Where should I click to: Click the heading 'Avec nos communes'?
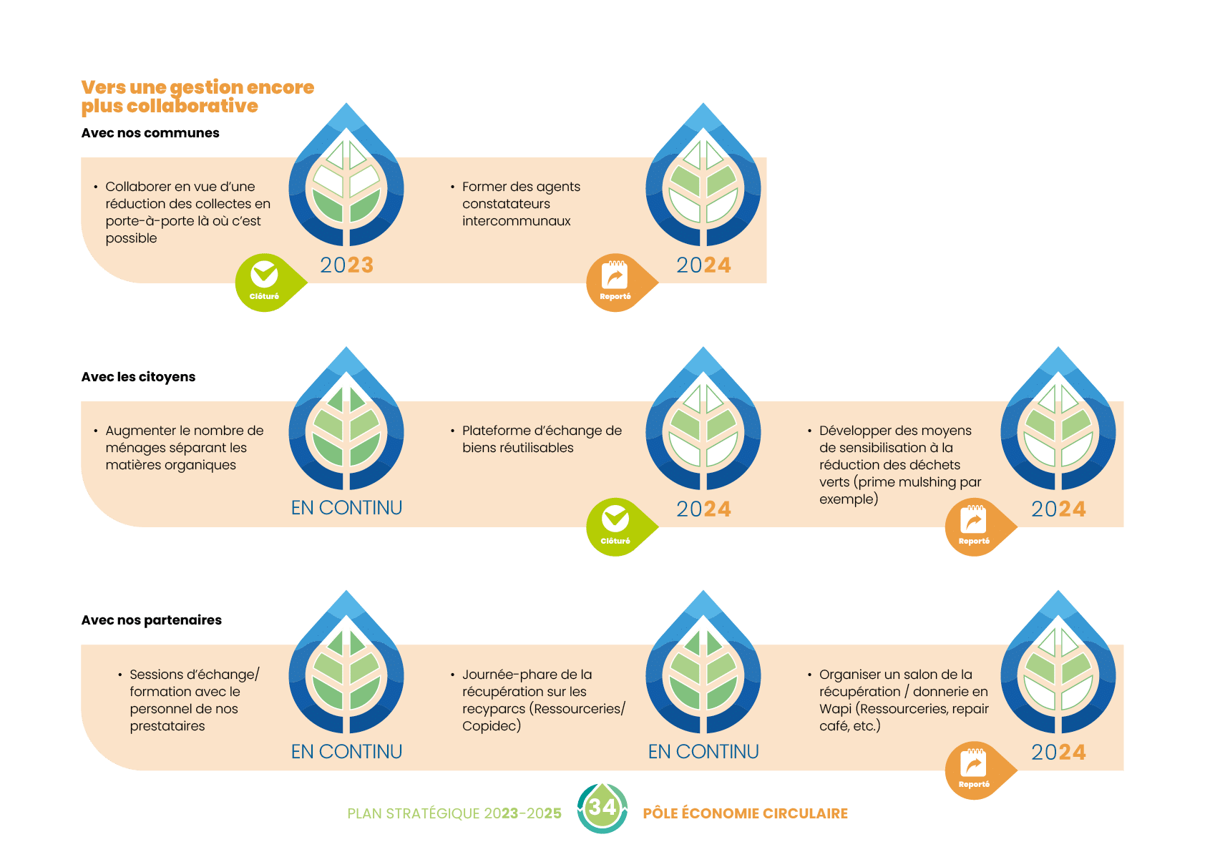coord(150,133)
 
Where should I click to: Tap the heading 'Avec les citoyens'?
coord(138,377)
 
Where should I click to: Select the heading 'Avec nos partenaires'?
coord(152,620)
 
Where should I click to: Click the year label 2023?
coord(346,265)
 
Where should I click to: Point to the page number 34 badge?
coord(602,808)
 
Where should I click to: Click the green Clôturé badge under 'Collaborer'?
coord(265,282)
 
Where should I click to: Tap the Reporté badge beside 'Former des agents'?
coord(615,282)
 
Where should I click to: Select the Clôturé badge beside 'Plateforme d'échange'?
coord(615,526)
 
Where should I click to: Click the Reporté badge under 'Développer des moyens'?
coord(974,526)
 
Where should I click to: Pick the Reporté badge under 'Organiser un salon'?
coord(974,770)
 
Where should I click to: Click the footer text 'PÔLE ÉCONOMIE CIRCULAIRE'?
coord(745,813)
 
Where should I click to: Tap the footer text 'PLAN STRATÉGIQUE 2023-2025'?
coord(454,813)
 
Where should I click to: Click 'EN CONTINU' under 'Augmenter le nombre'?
coord(346,508)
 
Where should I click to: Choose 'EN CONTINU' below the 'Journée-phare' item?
coord(703,752)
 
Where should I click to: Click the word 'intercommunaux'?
coord(517,221)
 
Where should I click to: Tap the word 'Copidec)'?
coord(492,726)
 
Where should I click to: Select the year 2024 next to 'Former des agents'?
coord(703,265)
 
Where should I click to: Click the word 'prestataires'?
coord(167,726)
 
